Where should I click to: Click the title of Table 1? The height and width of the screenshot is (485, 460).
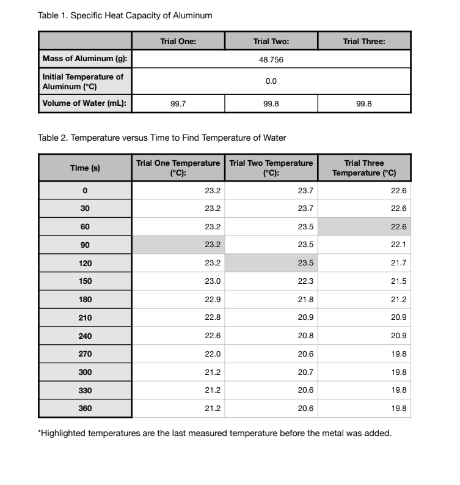pos(125,15)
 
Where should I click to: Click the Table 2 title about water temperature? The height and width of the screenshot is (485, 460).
pos(162,138)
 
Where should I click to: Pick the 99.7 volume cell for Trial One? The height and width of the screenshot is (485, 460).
pos(178,104)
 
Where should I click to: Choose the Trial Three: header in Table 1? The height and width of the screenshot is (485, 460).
pos(364,42)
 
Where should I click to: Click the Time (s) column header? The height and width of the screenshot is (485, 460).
pos(86,168)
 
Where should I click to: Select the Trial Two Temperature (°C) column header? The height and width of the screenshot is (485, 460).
pos(271,168)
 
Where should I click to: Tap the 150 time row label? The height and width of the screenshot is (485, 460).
pos(86,281)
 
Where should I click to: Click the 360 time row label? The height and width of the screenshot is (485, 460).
pos(86,409)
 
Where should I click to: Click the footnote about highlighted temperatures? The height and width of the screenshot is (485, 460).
pos(214,434)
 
